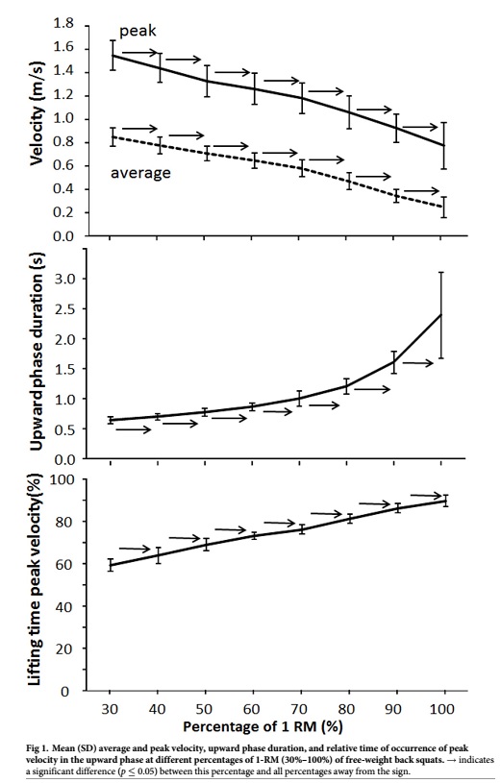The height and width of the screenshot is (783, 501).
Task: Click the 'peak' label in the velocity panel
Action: pos(138,32)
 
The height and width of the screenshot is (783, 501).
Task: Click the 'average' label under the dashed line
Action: pos(140,173)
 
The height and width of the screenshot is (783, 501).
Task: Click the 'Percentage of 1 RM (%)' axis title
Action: pos(263,726)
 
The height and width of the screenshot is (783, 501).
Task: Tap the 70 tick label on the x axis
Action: pos(300,709)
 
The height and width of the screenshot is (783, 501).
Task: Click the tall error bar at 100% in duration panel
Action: pos(441,315)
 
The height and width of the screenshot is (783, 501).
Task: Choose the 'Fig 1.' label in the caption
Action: pos(38,748)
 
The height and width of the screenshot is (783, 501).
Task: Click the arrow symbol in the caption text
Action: pos(451,760)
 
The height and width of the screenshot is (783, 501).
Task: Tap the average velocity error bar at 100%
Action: pos(443,207)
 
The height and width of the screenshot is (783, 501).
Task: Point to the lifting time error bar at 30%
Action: pos(111,565)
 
